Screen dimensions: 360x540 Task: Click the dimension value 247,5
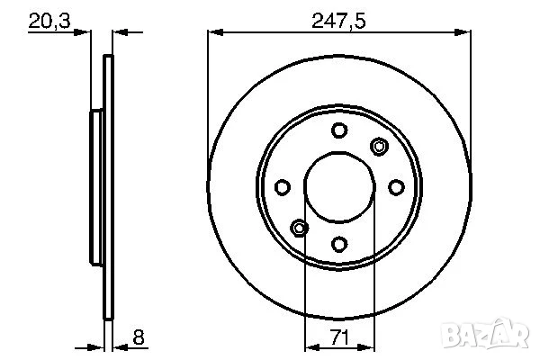point(339,19)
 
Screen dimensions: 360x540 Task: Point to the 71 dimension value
point(339,337)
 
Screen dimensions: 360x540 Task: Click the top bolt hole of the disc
point(339,130)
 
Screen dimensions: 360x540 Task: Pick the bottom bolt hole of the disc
point(339,243)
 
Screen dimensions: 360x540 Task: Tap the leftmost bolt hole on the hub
point(283,187)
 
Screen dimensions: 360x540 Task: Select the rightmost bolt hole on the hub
point(396,187)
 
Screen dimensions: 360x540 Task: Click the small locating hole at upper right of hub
point(379,147)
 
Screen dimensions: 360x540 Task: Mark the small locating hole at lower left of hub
point(300,227)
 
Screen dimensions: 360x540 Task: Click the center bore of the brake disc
point(339,187)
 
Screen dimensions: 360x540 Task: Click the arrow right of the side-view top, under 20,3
point(122,33)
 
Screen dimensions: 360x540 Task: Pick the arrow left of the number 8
point(124,346)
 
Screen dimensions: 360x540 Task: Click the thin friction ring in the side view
point(109,187)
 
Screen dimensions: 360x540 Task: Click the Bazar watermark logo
point(494,337)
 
